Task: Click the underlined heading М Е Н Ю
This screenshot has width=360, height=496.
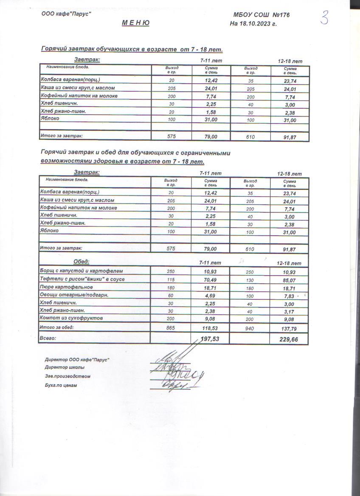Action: [135, 23]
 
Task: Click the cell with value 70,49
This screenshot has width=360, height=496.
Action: [211, 279]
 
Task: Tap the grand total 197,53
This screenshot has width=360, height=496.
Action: [211, 338]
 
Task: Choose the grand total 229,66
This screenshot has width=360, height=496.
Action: [289, 339]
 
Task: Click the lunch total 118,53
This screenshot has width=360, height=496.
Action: [211, 328]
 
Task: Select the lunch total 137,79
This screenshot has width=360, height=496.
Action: [289, 328]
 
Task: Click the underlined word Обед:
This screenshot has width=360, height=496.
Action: [82, 262]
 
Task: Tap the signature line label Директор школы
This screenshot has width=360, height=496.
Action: [65, 367]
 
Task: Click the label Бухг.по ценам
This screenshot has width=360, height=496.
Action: [61, 385]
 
